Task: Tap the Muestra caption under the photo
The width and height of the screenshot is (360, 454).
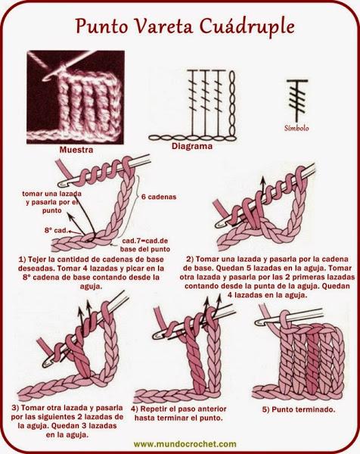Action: tap(76, 150)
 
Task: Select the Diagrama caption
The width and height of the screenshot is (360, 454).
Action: tap(192, 146)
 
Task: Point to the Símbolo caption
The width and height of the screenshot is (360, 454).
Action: tap(296, 128)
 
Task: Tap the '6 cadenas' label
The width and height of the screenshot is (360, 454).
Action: tap(159, 197)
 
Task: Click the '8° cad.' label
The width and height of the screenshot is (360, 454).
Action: tap(56, 231)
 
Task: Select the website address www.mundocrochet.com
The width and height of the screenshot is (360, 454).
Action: tap(185, 444)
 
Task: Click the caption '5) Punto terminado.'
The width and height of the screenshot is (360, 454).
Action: tap(299, 409)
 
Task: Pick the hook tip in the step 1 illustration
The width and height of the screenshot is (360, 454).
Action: tap(61, 184)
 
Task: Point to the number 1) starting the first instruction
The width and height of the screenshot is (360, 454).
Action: tap(22, 259)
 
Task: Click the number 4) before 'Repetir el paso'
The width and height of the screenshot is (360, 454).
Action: tap(134, 409)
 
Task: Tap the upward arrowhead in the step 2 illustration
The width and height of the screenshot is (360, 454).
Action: tap(262, 179)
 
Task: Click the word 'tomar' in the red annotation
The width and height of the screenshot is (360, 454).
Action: tap(32, 194)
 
